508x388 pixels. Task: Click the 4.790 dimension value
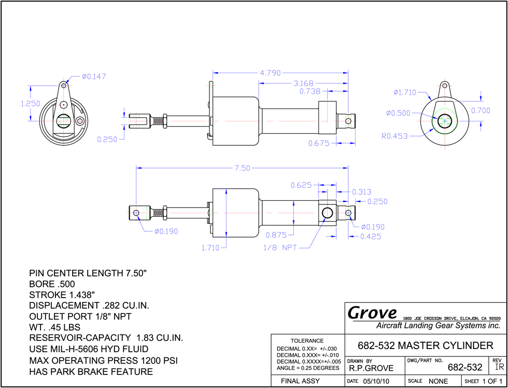tap(270, 73)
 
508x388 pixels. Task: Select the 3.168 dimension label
tap(304, 84)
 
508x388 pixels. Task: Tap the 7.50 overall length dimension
tap(243, 168)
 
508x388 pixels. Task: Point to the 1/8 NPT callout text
tap(280, 248)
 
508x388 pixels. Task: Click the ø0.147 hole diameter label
tap(94, 76)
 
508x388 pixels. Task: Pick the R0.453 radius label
tap(394, 136)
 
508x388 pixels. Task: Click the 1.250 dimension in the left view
tap(31, 104)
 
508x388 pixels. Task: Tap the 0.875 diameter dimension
tap(276, 234)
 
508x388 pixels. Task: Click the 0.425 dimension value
tap(371, 237)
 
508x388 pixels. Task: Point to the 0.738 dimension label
tap(310, 91)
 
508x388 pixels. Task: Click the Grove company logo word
tap(372, 313)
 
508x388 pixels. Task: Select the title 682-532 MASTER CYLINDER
tap(426, 345)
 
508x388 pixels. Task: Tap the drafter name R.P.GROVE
tap(371, 368)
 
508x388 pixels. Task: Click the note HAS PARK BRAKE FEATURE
tap(91, 371)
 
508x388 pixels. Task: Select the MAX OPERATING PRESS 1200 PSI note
tap(103, 361)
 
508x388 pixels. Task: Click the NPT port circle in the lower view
tap(327, 213)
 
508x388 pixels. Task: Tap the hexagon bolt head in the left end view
tap(80, 121)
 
